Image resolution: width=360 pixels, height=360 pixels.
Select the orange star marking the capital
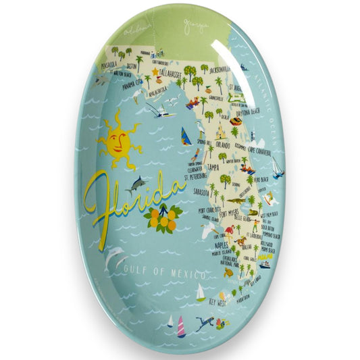(x=155, y=71)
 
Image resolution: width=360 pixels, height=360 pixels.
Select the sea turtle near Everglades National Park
(x=228, y=273)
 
